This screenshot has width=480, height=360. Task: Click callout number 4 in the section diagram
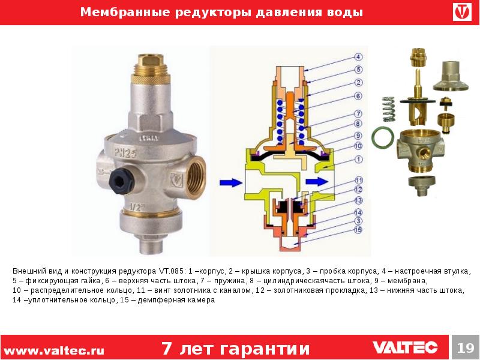[x=358, y=57]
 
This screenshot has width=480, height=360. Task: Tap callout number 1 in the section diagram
[x=358, y=159]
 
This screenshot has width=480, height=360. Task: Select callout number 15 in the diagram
[x=358, y=230]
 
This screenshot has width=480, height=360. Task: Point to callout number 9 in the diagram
[x=358, y=136]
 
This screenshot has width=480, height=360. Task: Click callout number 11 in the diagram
[x=358, y=180]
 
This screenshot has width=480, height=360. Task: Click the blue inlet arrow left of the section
[x=231, y=182]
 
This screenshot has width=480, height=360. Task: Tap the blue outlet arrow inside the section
[x=317, y=181]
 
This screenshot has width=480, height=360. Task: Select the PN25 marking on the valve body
[x=125, y=152]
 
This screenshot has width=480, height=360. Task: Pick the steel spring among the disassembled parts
[x=389, y=109]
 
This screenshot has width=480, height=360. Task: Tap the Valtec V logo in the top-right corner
[x=462, y=12]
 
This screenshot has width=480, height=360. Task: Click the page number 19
[x=466, y=348]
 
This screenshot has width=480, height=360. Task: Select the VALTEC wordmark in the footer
[x=405, y=347]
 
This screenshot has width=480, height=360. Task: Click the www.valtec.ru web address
[x=54, y=350]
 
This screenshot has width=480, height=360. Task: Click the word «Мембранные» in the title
[x=125, y=12]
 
